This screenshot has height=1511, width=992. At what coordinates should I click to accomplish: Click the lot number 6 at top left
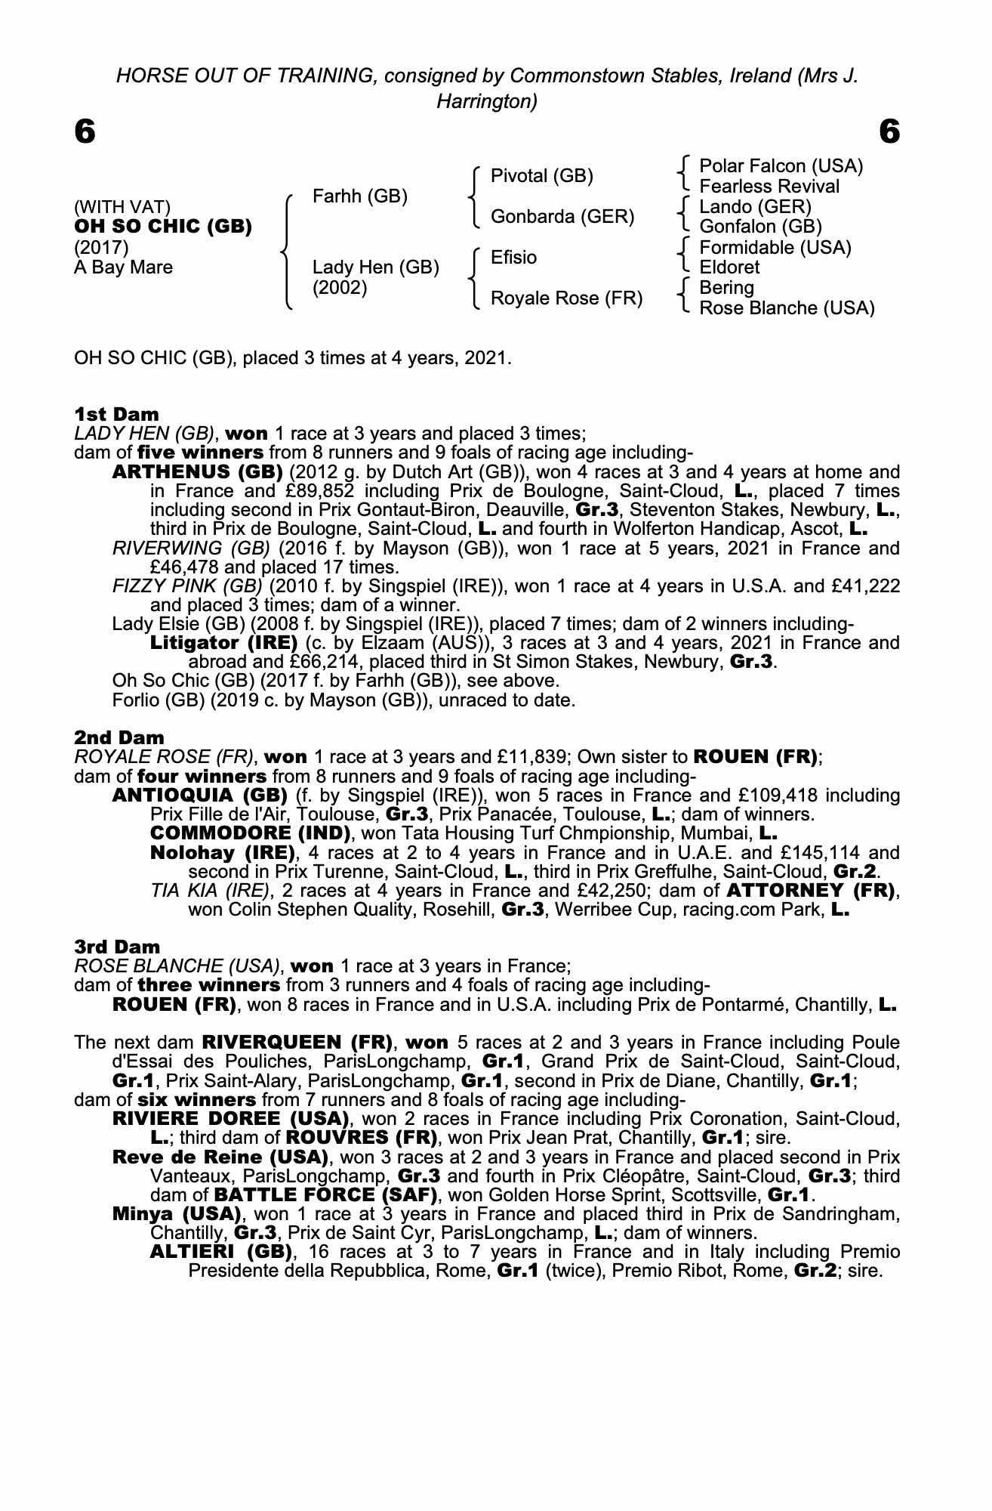[85, 133]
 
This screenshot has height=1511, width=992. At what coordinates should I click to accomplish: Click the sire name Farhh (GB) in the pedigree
[359, 196]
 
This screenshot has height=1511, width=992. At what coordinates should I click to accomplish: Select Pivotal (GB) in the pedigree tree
[541, 176]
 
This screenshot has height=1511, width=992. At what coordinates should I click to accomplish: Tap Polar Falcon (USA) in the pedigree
[781, 166]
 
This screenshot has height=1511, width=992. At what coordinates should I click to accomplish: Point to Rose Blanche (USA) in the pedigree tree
[787, 308]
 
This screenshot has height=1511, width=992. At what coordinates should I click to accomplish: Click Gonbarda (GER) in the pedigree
[562, 217]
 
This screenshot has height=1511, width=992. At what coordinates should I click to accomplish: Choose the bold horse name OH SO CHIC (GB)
[162, 227]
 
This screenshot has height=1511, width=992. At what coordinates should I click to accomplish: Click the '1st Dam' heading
[116, 414]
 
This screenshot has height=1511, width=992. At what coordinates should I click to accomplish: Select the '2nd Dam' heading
[119, 737]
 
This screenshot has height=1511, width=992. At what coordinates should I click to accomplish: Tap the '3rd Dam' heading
[117, 947]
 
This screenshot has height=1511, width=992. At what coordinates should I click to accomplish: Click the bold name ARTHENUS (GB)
[197, 472]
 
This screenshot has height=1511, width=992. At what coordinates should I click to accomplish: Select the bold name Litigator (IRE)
[223, 644]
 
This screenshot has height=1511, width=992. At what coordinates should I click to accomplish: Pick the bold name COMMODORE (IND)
[251, 833]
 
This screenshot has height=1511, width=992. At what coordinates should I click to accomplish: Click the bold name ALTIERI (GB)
[220, 1252]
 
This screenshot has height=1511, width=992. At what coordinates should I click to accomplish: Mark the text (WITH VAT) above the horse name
[122, 207]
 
